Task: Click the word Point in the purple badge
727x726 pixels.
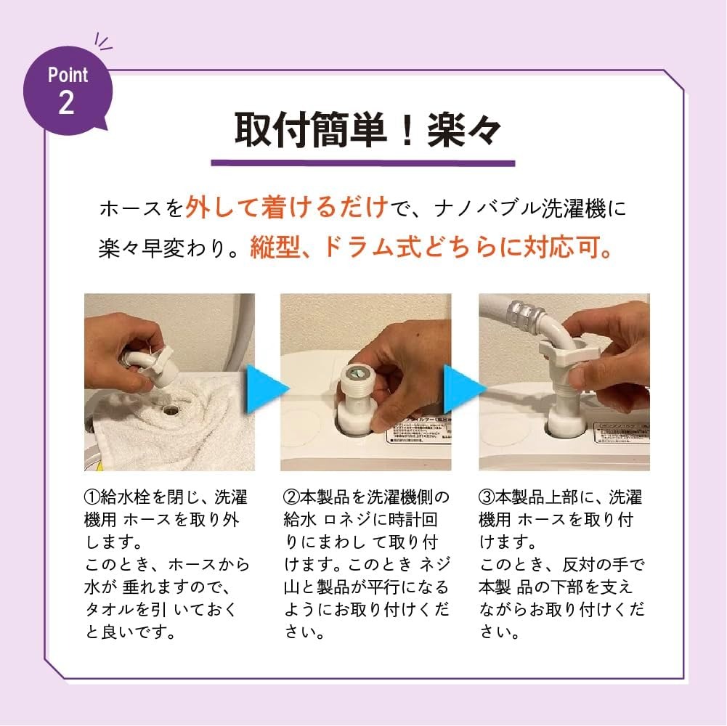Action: (68, 75)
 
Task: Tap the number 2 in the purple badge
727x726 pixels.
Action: (66, 102)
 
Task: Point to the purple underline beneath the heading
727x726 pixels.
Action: (363, 163)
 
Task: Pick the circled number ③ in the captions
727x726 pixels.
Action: (487, 498)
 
